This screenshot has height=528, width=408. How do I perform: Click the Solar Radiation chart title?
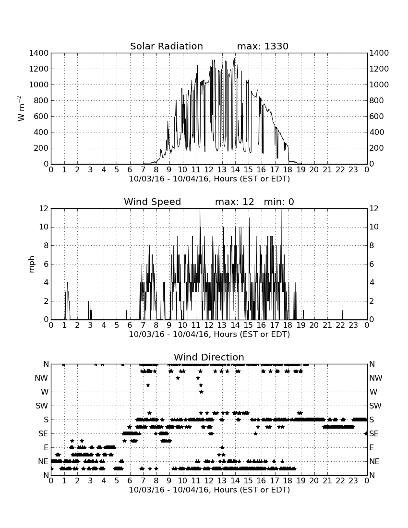166,46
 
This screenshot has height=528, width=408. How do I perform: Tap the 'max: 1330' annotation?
263,46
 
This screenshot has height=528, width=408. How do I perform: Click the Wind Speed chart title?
152,202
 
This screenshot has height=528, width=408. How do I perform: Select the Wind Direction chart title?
209,357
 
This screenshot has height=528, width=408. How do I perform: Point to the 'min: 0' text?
279,202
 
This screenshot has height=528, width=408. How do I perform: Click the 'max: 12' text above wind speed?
234,202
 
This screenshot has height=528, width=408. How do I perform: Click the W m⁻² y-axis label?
21,108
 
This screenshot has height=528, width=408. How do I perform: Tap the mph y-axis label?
32,264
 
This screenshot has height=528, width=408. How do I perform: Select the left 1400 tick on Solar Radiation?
39,53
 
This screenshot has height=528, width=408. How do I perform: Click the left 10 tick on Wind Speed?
44,227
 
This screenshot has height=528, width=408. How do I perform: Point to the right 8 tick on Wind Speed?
372,245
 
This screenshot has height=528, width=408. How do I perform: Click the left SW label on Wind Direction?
42,406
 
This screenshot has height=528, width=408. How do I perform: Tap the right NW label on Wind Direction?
376,378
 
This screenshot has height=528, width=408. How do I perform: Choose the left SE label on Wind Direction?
43,434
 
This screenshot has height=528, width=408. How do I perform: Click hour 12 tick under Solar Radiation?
209,169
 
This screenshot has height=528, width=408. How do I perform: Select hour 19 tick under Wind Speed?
300,325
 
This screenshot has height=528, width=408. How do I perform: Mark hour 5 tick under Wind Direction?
117,480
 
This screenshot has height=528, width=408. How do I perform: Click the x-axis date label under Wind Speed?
209,335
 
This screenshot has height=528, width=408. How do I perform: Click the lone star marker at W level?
201,392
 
